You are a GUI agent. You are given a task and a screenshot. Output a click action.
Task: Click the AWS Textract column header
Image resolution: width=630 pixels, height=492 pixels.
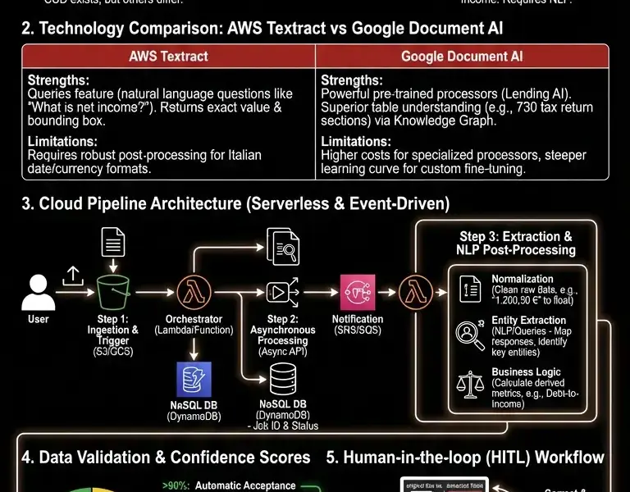(x=168, y=57)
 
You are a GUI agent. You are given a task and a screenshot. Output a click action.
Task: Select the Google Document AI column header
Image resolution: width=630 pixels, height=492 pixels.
(x=461, y=57)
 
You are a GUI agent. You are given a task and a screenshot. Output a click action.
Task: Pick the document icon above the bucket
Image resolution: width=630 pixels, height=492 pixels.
(x=113, y=244)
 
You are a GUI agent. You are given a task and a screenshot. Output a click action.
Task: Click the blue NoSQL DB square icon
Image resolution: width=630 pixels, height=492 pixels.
(x=194, y=380)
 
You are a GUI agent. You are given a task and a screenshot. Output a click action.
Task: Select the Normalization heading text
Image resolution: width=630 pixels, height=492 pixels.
(x=522, y=279)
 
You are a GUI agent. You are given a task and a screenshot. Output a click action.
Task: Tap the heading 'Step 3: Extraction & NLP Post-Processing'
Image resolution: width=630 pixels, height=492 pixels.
(x=515, y=243)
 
